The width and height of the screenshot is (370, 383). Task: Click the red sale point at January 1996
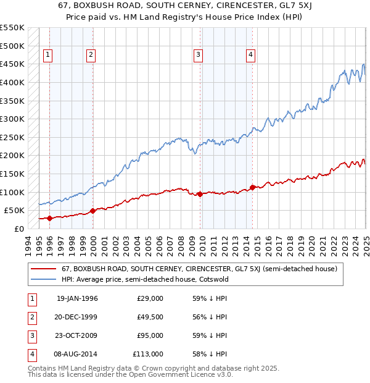[x=49, y=218]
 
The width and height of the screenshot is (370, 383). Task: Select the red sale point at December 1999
[x=92, y=211]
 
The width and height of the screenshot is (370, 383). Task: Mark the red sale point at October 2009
[x=200, y=194]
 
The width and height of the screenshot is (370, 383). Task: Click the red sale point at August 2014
[x=252, y=187]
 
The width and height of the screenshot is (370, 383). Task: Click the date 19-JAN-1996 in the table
[x=77, y=298]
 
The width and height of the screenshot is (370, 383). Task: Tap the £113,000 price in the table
[x=148, y=354]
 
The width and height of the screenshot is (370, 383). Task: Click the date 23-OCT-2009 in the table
[x=77, y=335]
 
